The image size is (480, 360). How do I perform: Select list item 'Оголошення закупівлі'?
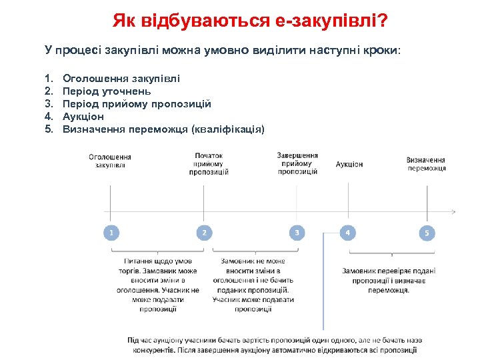tap(121, 79)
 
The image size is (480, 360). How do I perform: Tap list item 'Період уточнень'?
tap(107, 91)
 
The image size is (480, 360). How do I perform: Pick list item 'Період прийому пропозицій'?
tap(137, 104)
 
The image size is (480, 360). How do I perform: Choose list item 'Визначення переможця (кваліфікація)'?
tap(163, 129)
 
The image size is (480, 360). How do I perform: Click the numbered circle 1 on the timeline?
tap(111, 233)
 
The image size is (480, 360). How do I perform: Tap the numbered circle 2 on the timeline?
tap(204, 233)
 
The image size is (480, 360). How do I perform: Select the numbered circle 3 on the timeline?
tap(297, 233)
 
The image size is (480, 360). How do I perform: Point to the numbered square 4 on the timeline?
tap(347, 233)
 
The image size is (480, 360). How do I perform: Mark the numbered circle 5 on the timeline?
tap(427, 233)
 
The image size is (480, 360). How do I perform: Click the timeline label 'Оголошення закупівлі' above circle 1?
tap(110, 161)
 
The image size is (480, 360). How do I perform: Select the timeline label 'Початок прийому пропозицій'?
tap(209, 163)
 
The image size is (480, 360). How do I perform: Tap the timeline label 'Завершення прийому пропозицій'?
tap(297, 163)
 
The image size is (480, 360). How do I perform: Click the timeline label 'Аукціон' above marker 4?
tap(349, 164)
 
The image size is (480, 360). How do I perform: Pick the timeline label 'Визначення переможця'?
tap(426, 164)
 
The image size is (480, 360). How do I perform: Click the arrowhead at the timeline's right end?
tap(453, 212)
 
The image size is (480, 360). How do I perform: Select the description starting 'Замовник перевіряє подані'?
tap(389, 281)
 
